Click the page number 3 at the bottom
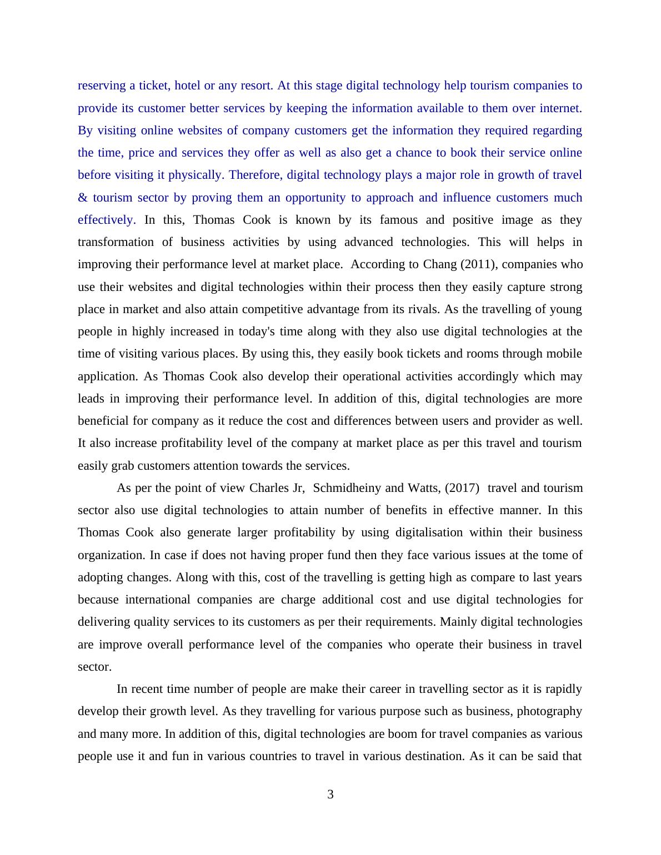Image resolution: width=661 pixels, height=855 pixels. tap(330, 794)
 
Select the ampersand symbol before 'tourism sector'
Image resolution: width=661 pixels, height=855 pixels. tap(83, 198)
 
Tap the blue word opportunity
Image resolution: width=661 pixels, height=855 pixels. tap(314, 198)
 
